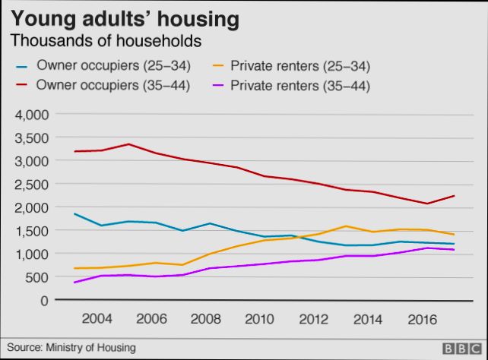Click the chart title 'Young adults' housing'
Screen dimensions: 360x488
pyautogui.click(x=125, y=17)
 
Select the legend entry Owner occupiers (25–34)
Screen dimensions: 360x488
pyautogui.click(x=113, y=65)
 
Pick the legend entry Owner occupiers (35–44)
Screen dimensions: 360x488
pyautogui.click(x=113, y=85)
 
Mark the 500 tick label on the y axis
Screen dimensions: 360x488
pyautogui.click(x=37, y=277)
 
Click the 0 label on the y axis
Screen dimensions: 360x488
pyautogui.click(x=44, y=300)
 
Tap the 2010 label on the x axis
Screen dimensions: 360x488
pyautogui.click(x=260, y=318)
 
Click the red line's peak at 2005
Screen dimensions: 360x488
pyautogui.click(x=128, y=144)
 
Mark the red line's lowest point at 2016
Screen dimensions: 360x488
pyautogui.click(x=427, y=204)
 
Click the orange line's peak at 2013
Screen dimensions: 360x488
pyautogui.click(x=346, y=226)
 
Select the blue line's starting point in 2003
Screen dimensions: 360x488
pyautogui.click(x=74, y=214)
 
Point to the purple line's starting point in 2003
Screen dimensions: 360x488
pyautogui.click(x=74, y=283)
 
